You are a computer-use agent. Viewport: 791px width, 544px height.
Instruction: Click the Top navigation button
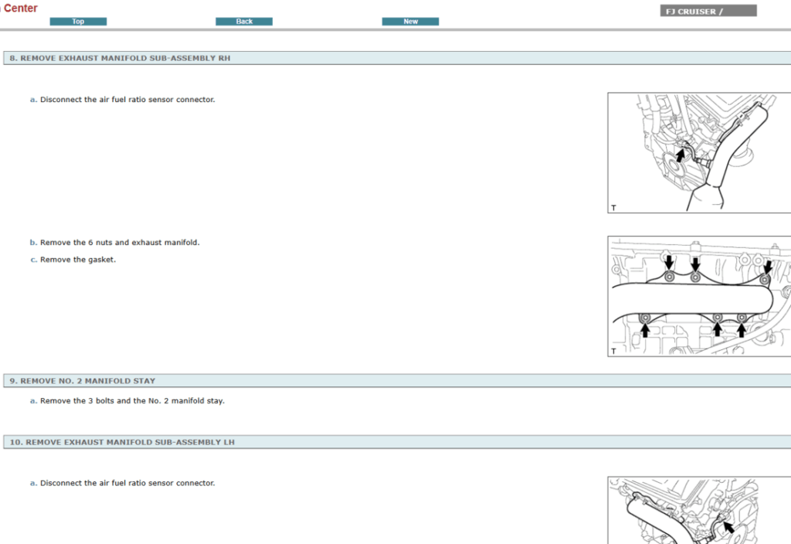(x=78, y=22)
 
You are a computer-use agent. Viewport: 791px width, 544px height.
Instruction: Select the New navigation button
(x=410, y=22)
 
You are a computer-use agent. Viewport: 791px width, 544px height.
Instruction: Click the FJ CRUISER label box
(x=708, y=12)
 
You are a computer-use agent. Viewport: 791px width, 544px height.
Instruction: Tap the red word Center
(x=21, y=8)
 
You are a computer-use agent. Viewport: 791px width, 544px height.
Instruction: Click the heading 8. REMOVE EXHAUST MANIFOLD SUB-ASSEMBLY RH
(x=120, y=58)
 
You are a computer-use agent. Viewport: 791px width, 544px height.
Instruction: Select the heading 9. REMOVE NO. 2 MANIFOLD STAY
(x=83, y=381)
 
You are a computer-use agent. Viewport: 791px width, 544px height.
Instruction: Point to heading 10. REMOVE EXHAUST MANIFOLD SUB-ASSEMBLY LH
(x=122, y=443)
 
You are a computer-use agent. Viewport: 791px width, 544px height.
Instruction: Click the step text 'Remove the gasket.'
(x=77, y=260)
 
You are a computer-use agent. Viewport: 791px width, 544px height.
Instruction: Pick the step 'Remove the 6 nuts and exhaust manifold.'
(x=119, y=243)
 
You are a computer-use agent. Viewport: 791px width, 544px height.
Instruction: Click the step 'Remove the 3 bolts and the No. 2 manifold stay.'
(x=132, y=401)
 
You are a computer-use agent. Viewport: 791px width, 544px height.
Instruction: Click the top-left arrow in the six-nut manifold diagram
(x=669, y=263)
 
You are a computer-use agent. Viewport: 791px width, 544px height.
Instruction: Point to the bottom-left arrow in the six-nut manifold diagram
(x=645, y=331)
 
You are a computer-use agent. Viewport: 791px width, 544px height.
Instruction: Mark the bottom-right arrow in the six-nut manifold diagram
(x=742, y=331)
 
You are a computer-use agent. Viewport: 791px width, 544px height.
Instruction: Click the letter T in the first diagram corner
(x=613, y=208)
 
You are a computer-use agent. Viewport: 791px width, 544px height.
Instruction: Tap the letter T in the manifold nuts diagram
(x=613, y=351)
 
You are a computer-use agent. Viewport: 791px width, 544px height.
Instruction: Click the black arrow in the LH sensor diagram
(x=727, y=528)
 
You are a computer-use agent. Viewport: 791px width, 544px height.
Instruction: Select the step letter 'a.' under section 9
(x=33, y=401)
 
